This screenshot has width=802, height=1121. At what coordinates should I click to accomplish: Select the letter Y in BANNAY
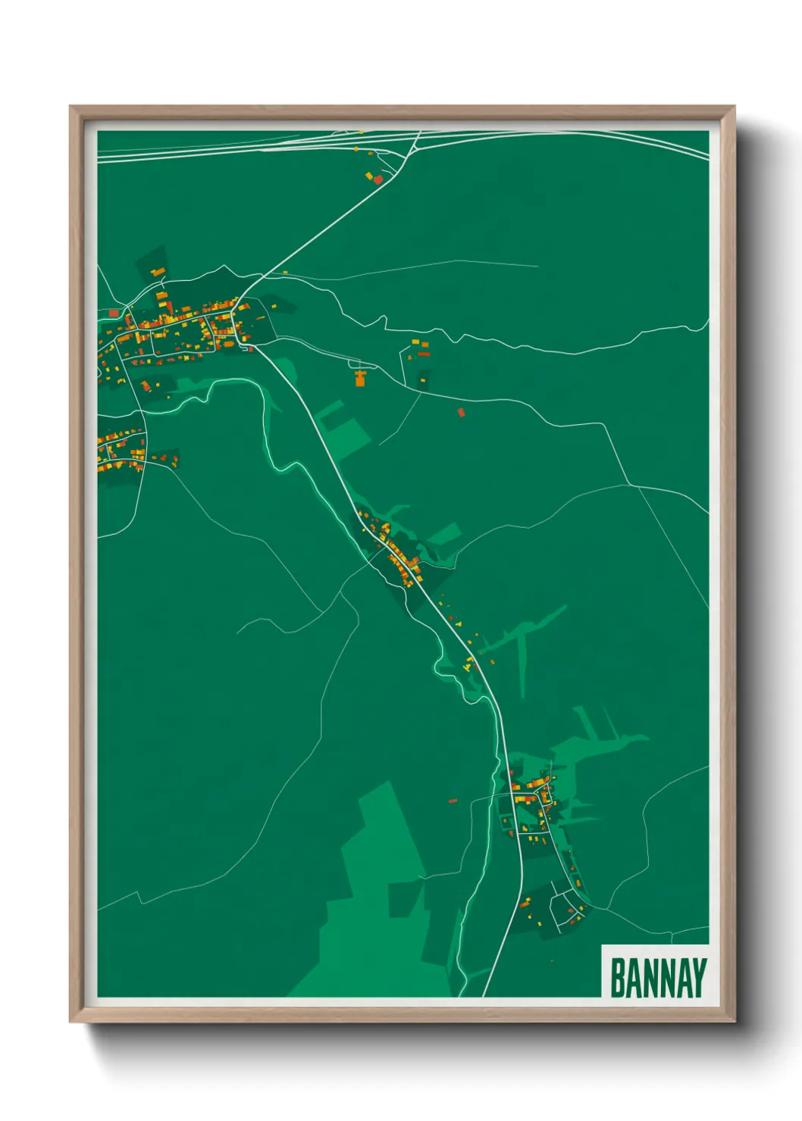coord(698,978)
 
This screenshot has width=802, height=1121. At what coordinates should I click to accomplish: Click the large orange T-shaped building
coord(360,377)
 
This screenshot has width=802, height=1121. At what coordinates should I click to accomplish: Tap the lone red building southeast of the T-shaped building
coord(460,412)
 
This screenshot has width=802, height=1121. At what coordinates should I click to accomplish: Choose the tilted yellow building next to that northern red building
coord(369,176)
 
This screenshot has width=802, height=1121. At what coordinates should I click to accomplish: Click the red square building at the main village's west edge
coord(114,312)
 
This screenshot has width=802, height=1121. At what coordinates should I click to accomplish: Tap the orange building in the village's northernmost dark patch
coord(158,270)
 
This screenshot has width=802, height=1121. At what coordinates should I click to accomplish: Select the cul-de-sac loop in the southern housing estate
coord(565,907)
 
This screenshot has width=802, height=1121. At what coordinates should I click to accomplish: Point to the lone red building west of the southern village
coord(453,800)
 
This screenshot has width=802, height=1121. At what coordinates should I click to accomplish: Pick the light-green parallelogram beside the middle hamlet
coord(445,534)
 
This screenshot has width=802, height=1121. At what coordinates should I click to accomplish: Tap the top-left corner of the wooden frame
coord(70,107)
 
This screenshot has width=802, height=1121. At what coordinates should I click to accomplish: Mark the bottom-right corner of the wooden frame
coord(734,1021)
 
